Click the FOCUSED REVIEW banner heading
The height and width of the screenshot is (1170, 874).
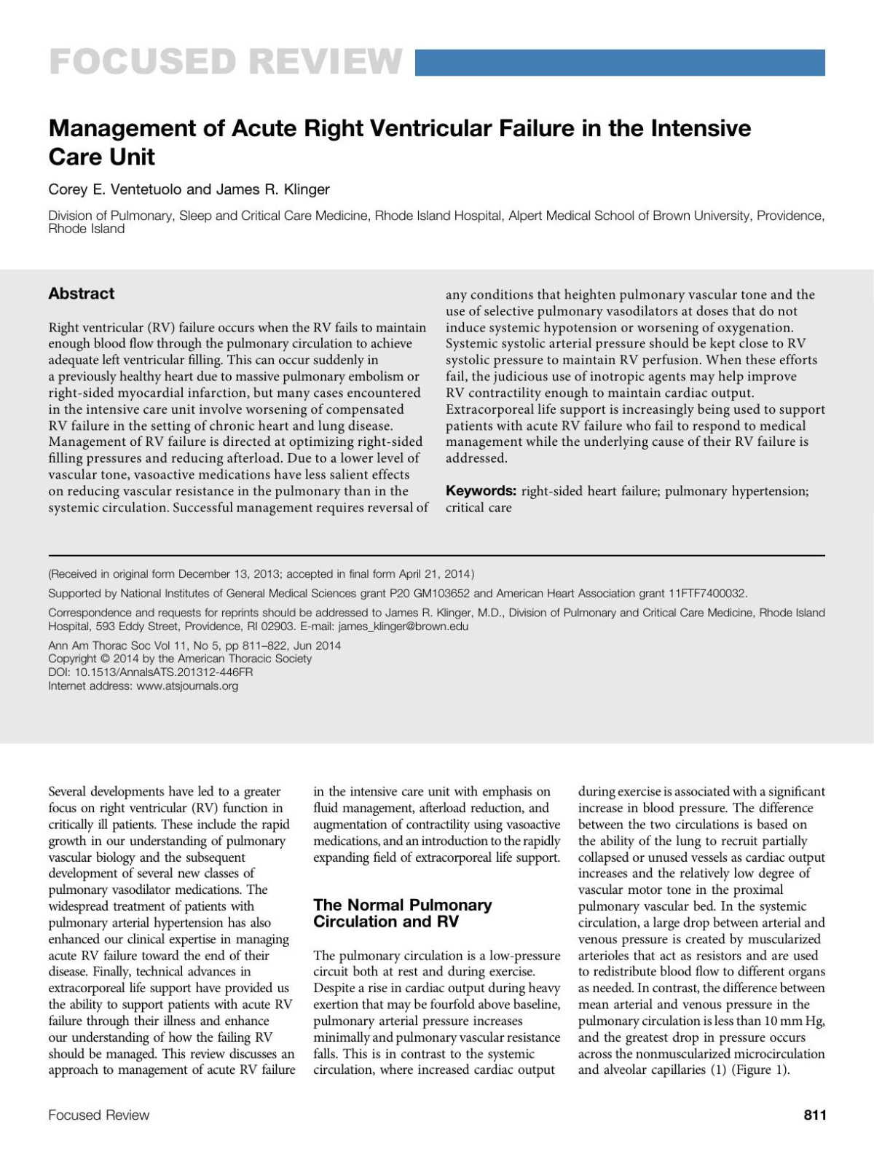point(225,62)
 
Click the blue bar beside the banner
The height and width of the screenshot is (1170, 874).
point(620,63)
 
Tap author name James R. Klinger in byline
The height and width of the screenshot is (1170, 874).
point(273,189)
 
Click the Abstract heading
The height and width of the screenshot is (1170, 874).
point(81,294)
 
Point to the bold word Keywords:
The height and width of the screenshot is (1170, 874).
point(481,491)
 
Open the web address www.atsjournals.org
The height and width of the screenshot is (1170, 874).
point(187,686)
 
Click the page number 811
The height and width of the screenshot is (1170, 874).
point(814,1115)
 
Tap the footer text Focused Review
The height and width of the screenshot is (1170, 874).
point(98,1115)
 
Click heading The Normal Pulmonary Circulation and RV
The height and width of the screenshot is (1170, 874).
point(402,914)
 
